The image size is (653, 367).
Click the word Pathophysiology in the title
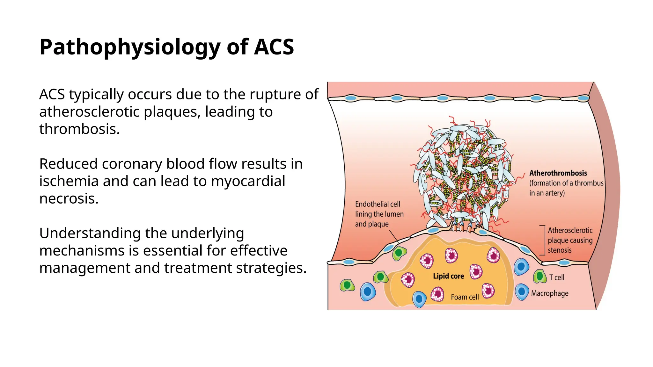[x=129, y=47]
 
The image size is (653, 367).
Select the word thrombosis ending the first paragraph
[x=79, y=129]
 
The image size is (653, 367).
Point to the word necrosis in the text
[x=69, y=198]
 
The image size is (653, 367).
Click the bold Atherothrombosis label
[x=558, y=173]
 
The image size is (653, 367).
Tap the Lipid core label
[x=448, y=276]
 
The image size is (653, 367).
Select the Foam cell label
[x=465, y=297]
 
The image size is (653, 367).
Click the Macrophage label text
[x=550, y=293]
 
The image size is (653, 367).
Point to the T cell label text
[x=557, y=277]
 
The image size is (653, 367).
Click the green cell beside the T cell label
[x=539, y=276]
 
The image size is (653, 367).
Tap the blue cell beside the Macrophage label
[x=522, y=292]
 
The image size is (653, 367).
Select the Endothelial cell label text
[x=378, y=204]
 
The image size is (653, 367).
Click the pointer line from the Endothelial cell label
[x=394, y=236]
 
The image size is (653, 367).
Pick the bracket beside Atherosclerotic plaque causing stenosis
[x=544, y=240]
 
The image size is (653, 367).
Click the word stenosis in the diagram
[x=560, y=250]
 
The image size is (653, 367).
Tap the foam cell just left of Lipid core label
[x=408, y=280]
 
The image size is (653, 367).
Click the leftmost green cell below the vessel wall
[x=347, y=285]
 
